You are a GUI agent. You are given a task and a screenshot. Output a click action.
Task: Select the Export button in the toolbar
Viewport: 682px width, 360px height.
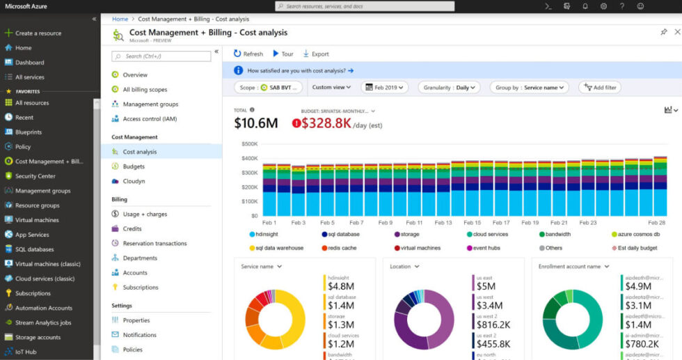point(316,54)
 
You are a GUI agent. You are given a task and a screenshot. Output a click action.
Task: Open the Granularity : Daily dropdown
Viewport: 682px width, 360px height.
point(449,88)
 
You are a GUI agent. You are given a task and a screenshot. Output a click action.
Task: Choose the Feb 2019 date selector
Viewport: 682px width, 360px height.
point(385,88)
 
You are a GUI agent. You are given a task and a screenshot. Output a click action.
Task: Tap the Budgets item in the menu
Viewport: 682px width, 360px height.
point(134,166)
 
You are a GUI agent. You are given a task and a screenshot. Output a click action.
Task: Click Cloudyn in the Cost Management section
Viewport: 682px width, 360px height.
point(134,181)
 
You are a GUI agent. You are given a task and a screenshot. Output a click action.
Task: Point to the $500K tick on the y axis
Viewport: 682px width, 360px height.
point(249,144)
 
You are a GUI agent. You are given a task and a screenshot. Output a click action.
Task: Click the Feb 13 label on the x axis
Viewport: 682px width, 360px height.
point(444,223)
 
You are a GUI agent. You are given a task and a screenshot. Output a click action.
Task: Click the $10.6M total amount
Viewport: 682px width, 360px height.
point(255,123)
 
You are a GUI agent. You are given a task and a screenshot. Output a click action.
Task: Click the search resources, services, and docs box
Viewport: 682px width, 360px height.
point(365,6)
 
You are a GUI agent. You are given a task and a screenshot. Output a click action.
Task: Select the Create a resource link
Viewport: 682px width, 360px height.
point(38,33)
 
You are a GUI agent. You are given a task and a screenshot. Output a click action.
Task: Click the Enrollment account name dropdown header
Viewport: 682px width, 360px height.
point(573,266)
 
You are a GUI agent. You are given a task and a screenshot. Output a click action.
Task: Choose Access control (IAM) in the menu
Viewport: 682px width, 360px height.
point(150,118)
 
